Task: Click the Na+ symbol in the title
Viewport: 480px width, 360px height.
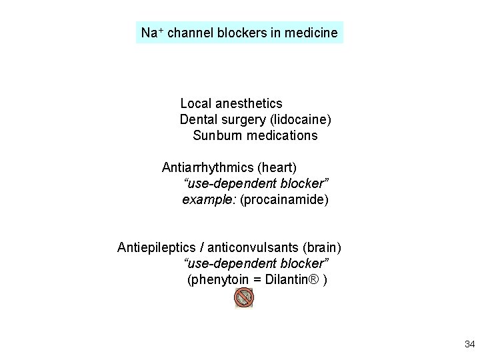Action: [152, 33]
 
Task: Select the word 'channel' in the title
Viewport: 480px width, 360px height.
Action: [190, 33]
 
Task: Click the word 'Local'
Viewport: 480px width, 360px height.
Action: [195, 104]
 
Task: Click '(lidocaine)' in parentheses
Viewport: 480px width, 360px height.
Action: [300, 120]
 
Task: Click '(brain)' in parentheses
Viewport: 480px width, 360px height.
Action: [322, 248]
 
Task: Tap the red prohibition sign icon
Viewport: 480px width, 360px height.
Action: [244, 298]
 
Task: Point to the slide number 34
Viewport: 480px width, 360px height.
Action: [469, 345]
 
